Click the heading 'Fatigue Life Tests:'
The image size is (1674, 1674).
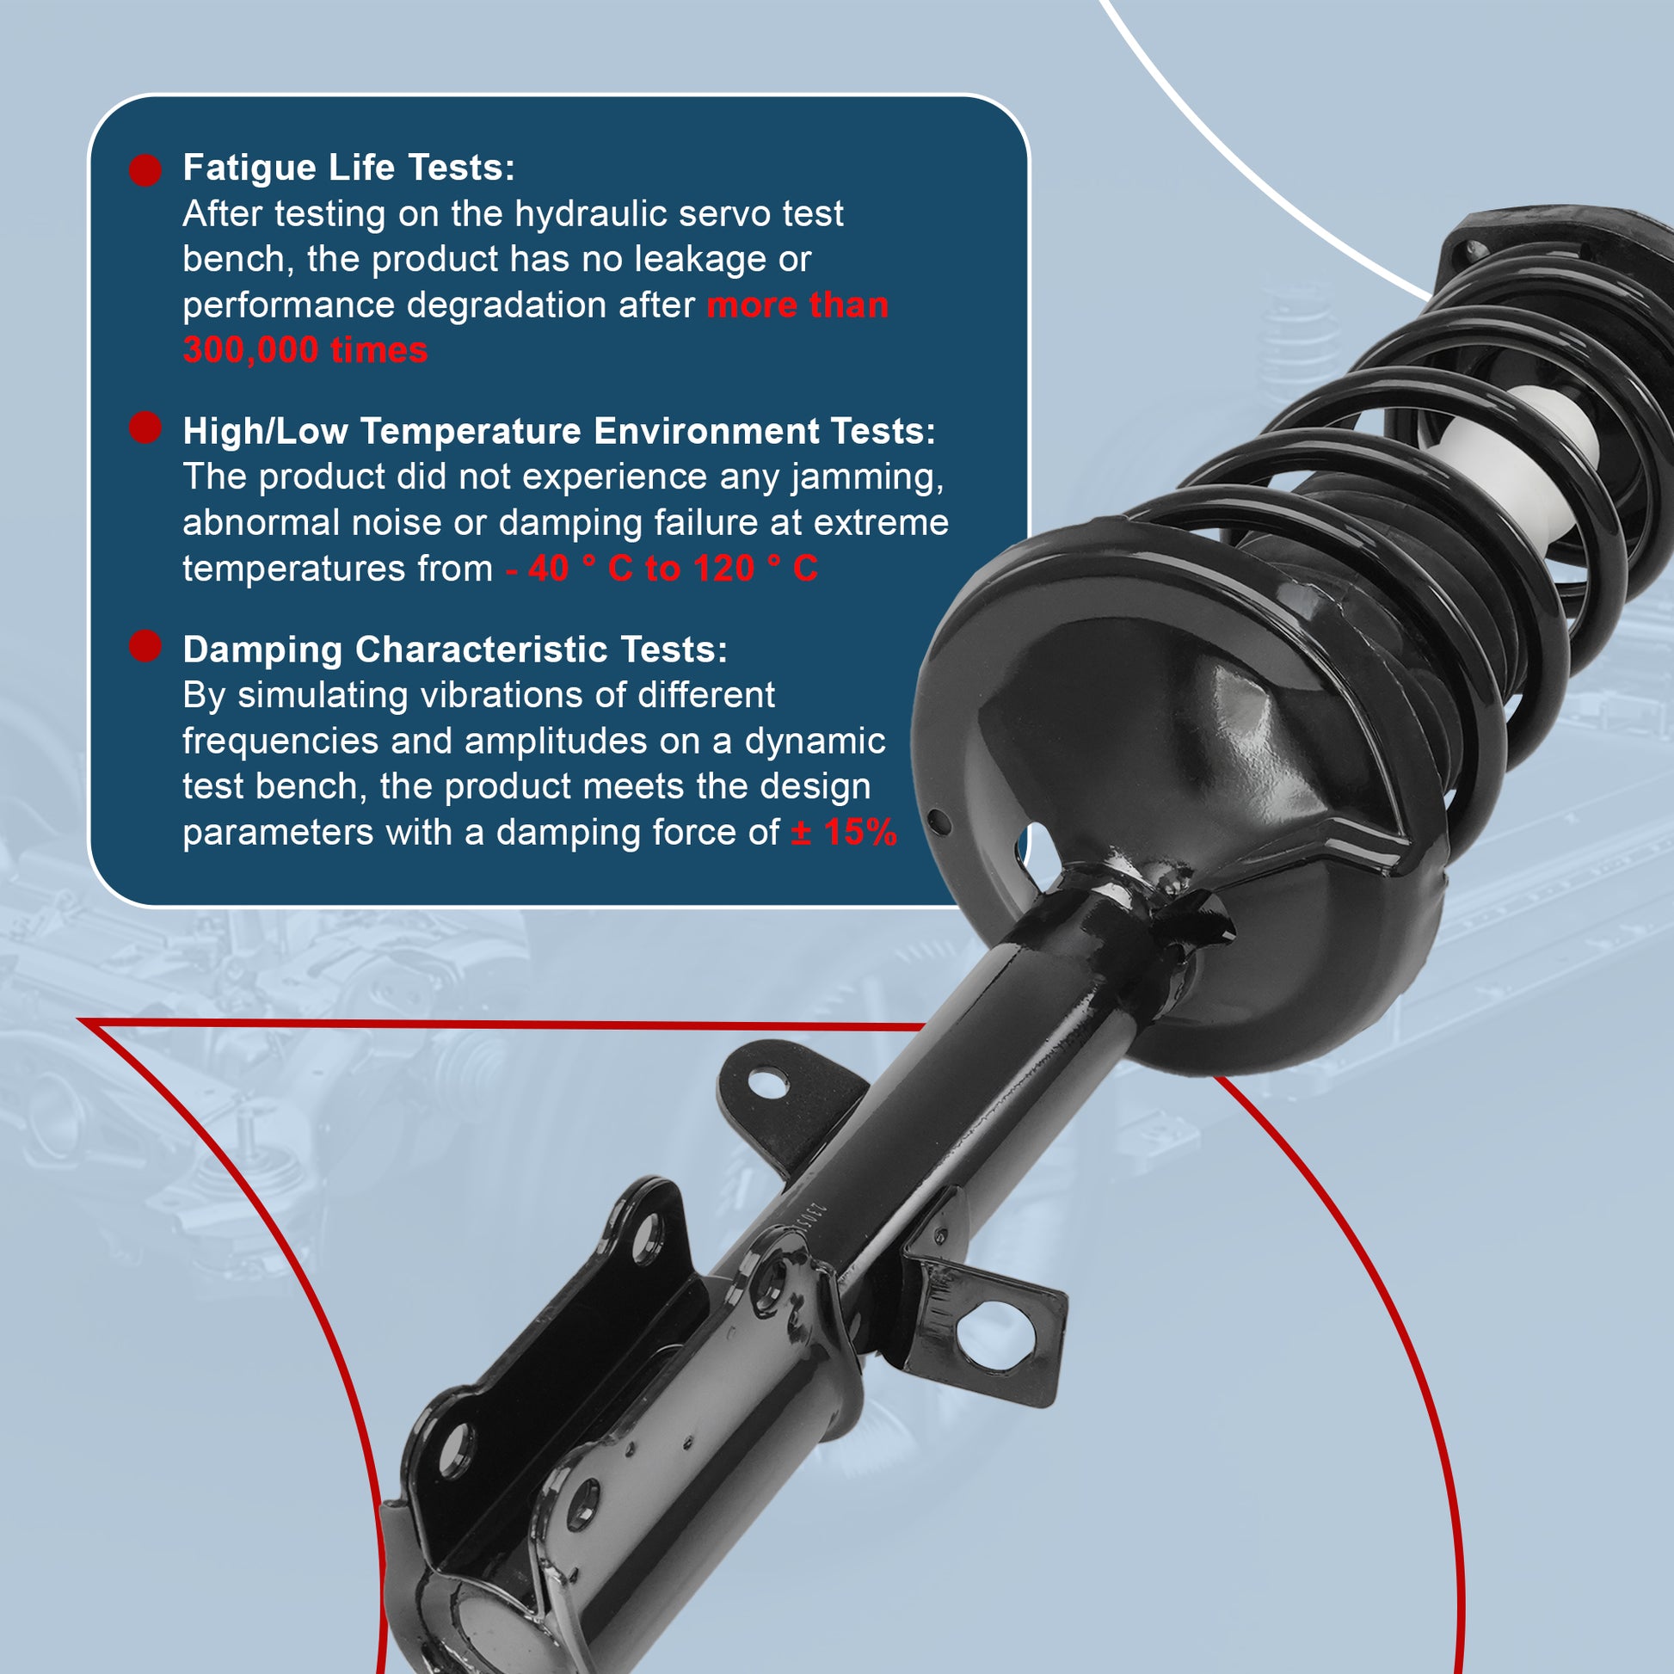click(x=348, y=167)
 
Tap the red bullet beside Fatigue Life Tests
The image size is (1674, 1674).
click(x=145, y=169)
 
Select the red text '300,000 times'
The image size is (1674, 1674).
click(x=305, y=350)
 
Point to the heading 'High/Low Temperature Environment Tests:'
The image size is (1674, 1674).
click(x=559, y=431)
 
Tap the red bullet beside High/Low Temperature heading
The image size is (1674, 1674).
click(x=145, y=428)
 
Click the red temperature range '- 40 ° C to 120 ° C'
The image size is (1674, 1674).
click(x=662, y=569)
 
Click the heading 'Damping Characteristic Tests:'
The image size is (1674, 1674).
click(x=455, y=649)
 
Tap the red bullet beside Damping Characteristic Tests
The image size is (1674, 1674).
click(x=145, y=645)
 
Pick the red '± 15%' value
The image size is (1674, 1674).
click(x=844, y=832)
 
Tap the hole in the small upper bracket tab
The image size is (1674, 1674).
click(x=766, y=1083)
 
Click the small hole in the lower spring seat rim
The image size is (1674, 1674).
click(x=939, y=821)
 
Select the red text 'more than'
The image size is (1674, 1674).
click(x=797, y=305)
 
